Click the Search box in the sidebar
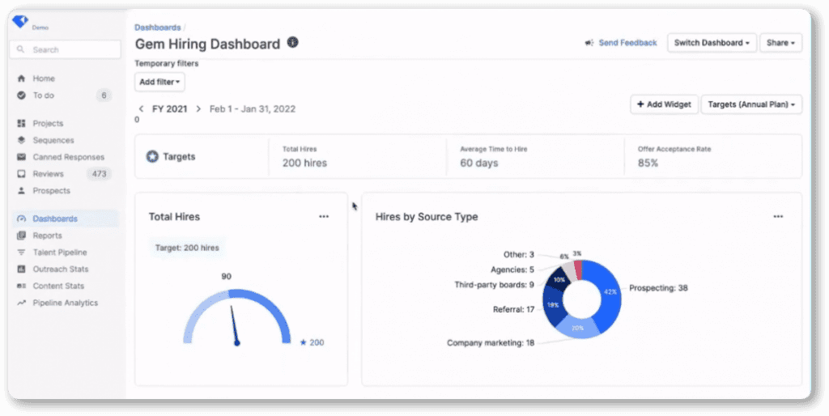coord(65,49)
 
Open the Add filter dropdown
coord(159,82)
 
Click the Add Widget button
coord(664,104)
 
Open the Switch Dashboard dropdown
coord(712,43)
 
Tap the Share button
coord(781,43)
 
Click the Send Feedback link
coord(621,43)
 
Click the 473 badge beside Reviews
coord(99,174)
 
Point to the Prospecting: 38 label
coord(658,288)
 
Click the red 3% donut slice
coord(578,269)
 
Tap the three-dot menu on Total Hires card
coord(324,216)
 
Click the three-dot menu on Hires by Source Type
coord(778,216)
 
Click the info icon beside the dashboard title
coord(293,42)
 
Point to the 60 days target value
coord(479,163)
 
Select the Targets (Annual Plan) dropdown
coord(751,104)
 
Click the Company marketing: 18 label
coord(491,343)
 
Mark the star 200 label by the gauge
coord(312,342)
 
